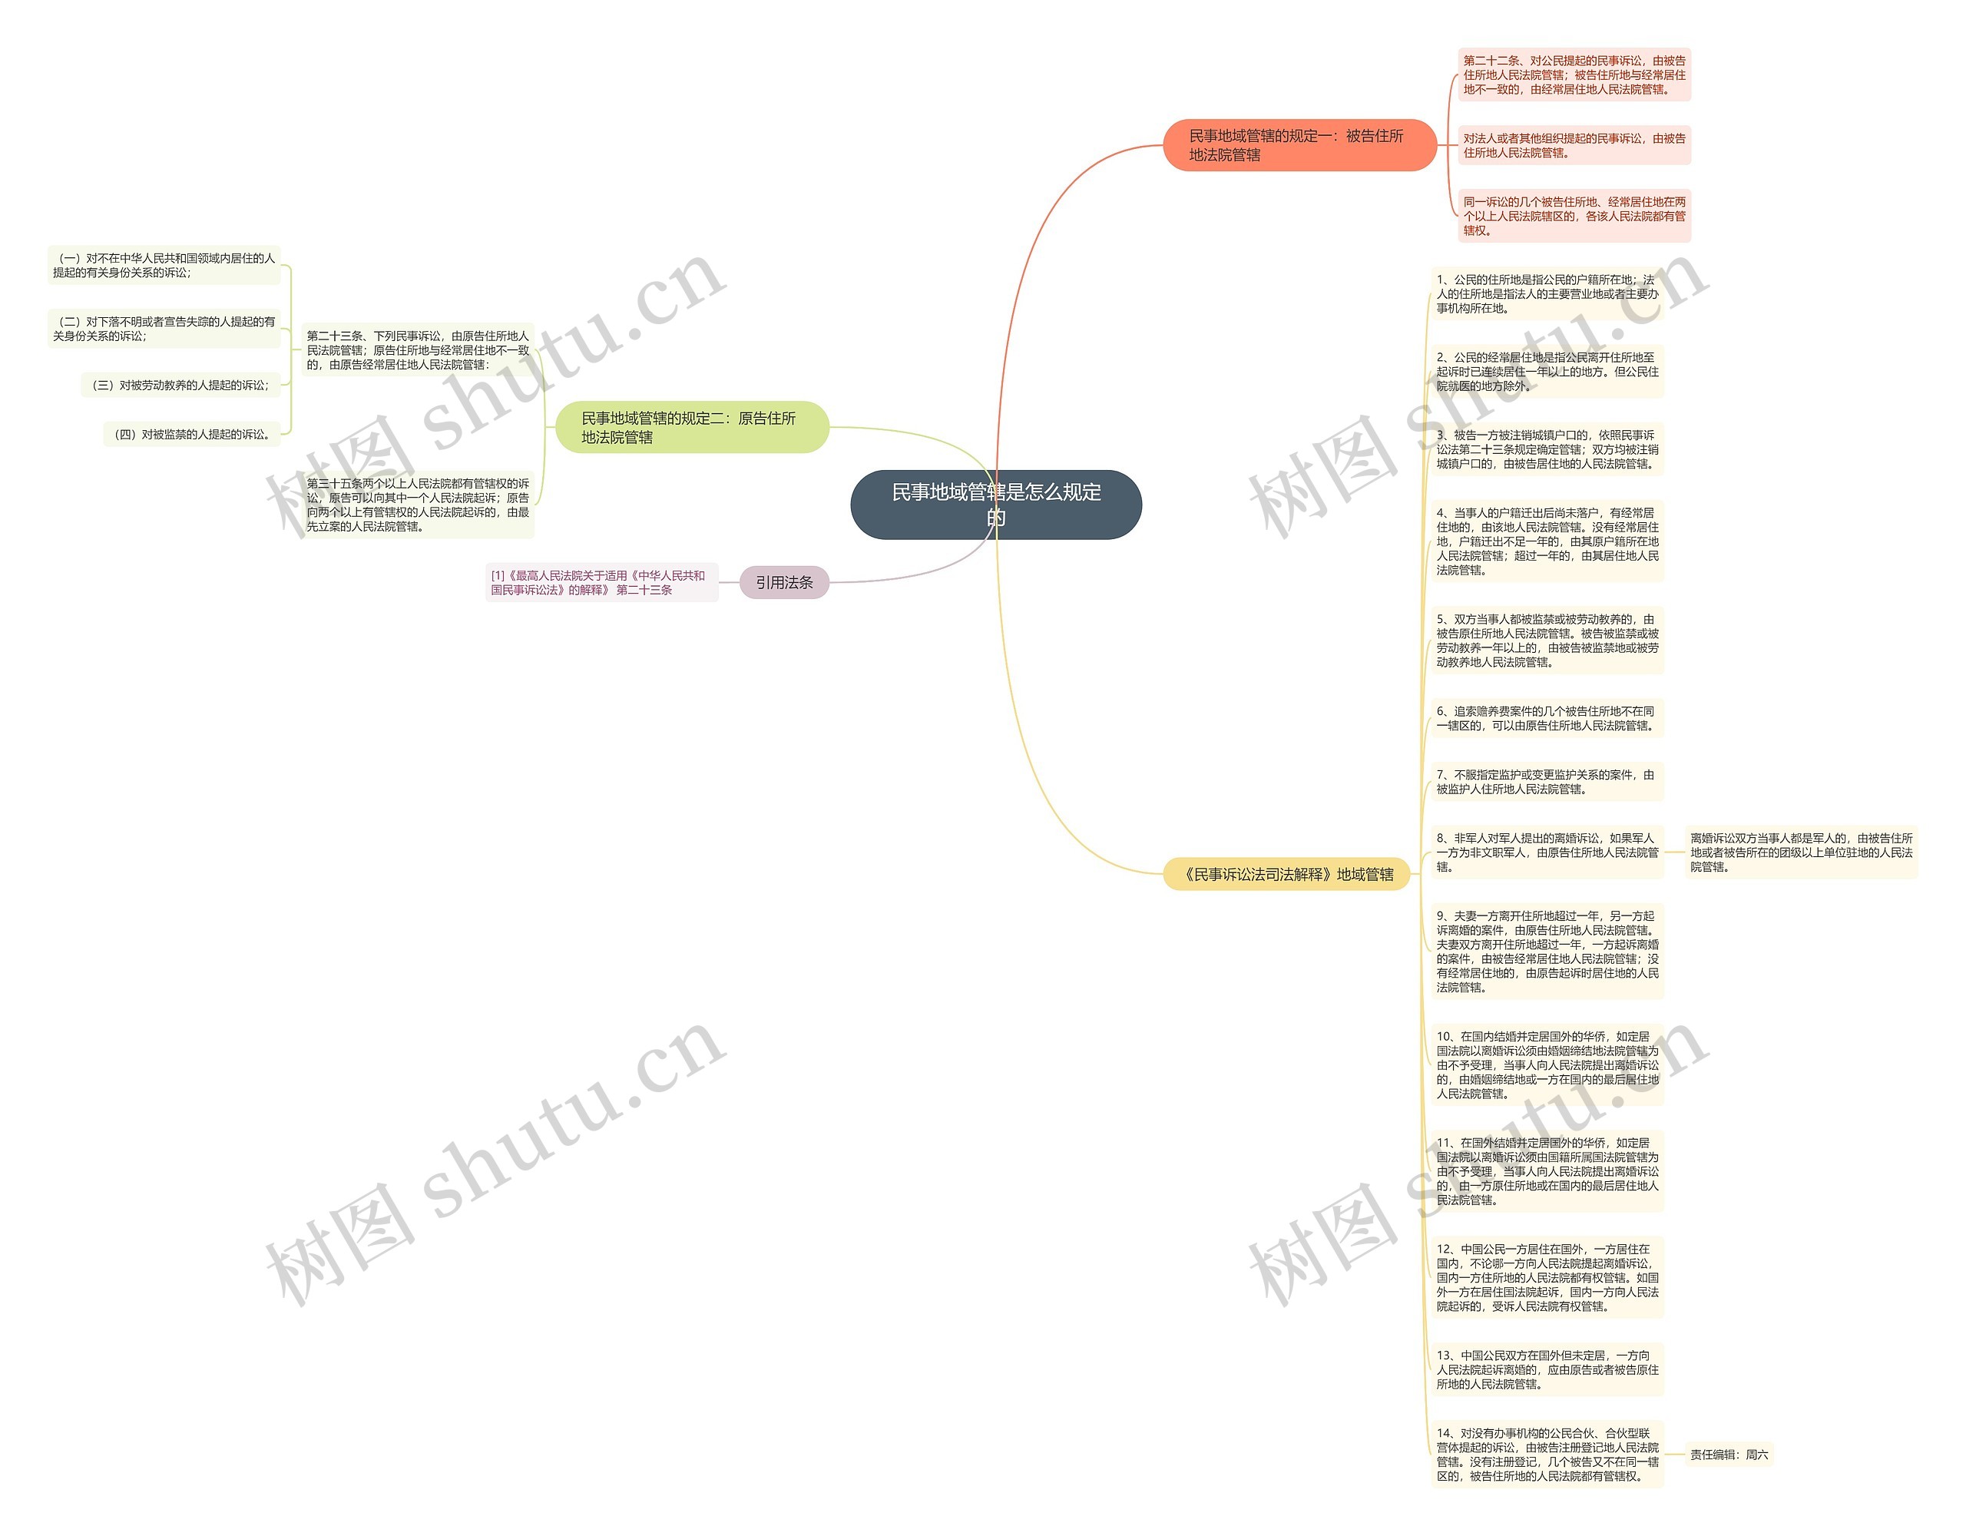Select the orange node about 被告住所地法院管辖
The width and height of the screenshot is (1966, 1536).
[x=1298, y=145]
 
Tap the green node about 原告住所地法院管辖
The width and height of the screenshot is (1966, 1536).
[x=690, y=427]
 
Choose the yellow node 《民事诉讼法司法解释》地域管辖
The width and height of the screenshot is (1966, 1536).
[x=1286, y=874]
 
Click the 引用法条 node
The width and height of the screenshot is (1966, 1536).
[x=783, y=582]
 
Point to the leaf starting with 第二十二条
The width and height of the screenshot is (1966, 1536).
[x=1574, y=74]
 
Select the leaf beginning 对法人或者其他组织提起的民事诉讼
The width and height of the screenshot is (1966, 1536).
[x=1574, y=145]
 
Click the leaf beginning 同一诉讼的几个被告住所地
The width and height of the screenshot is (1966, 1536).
[x=1574, y=216]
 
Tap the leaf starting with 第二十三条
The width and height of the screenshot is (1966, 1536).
[x=418, y=350]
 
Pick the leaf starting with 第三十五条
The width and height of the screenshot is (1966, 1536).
[x=418, y=505]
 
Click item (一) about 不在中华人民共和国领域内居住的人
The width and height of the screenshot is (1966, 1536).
[x=164, y=265]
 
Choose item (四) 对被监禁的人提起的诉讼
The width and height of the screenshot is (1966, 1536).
[x=192, y=434]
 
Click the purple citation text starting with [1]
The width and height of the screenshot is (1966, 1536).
[x=600, y=582]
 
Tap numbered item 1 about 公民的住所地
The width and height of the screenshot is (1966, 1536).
[x=1547, y=293]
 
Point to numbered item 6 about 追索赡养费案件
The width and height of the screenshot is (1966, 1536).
[x=1547, y=717]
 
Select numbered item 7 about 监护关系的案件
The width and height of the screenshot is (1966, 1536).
[x=1547, y=782]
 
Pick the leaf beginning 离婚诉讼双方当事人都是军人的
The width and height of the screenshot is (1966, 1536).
[x=1800, y=852]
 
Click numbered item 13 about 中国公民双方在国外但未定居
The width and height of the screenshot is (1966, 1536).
[x=1547, y=1369]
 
